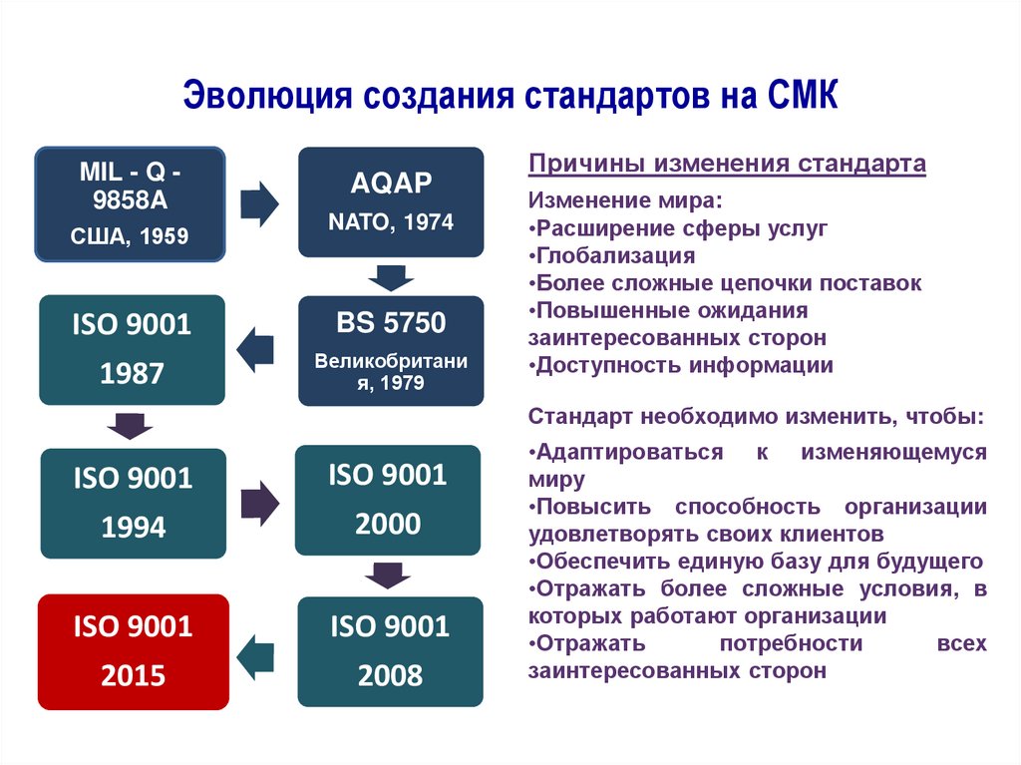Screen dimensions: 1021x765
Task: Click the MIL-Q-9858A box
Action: click(x=130, y=205)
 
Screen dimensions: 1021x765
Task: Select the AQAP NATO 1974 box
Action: click(x=391, y=202)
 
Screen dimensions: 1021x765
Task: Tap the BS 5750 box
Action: click(x=391, y=350)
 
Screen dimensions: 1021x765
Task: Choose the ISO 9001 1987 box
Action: click(x=133, y=349)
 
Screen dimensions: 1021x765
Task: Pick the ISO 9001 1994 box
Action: click(x=133, y=502)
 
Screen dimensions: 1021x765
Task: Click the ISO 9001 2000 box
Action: click(x=388, y=499)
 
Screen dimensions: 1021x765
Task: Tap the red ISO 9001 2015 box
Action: click(x=133, y=651)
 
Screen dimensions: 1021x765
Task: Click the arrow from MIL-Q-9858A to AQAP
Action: click(x=260, y=202)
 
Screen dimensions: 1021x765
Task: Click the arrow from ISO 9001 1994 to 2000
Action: click(x=260, y=502)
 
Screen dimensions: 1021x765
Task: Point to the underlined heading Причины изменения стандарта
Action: click(x=727, y=163)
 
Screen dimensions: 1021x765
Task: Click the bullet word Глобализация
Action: click(x=615, y=255)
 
